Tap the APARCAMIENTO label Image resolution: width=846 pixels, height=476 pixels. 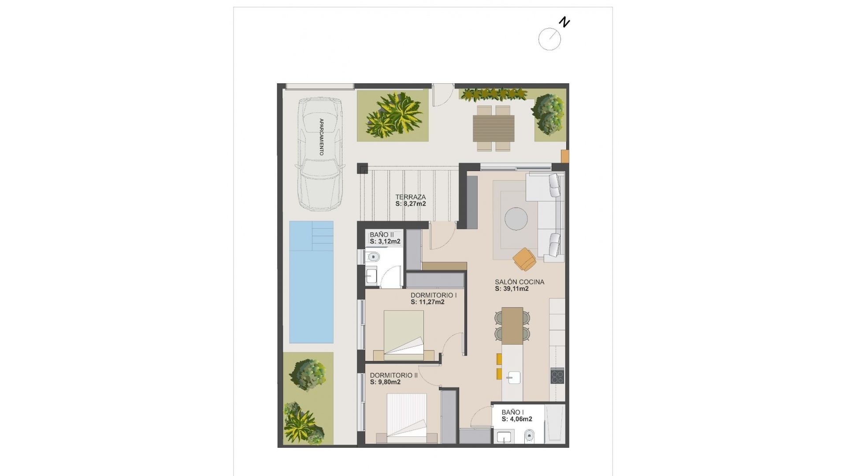click(321, 137)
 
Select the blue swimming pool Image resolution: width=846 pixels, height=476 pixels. click(311, 282)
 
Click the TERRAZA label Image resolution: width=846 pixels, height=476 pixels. click(410, 197)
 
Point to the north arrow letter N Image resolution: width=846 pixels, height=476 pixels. click(564, 22)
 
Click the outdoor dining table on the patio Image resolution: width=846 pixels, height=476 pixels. click(493, 128)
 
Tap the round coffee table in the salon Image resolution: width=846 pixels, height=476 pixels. click(516, 219)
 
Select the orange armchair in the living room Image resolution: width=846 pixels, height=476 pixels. click(524, 259)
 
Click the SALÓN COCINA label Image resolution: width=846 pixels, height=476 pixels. click(519, 282)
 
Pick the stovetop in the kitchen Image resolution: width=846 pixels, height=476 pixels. click(557, 376)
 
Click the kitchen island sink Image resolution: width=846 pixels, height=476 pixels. click(513, 378)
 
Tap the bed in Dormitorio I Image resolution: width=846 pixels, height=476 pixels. click(404, 333)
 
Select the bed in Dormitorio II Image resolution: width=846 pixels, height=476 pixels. click(407, 416)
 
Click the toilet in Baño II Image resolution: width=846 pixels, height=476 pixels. click(373, 257)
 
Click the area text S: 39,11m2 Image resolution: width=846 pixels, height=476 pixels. click(512, 289)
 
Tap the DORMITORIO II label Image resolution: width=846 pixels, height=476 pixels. click(393, 376)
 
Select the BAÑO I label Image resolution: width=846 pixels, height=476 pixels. click(512, 413)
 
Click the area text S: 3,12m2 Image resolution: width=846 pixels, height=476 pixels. click(385, 242)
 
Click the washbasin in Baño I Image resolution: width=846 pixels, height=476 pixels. click(504, 437)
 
